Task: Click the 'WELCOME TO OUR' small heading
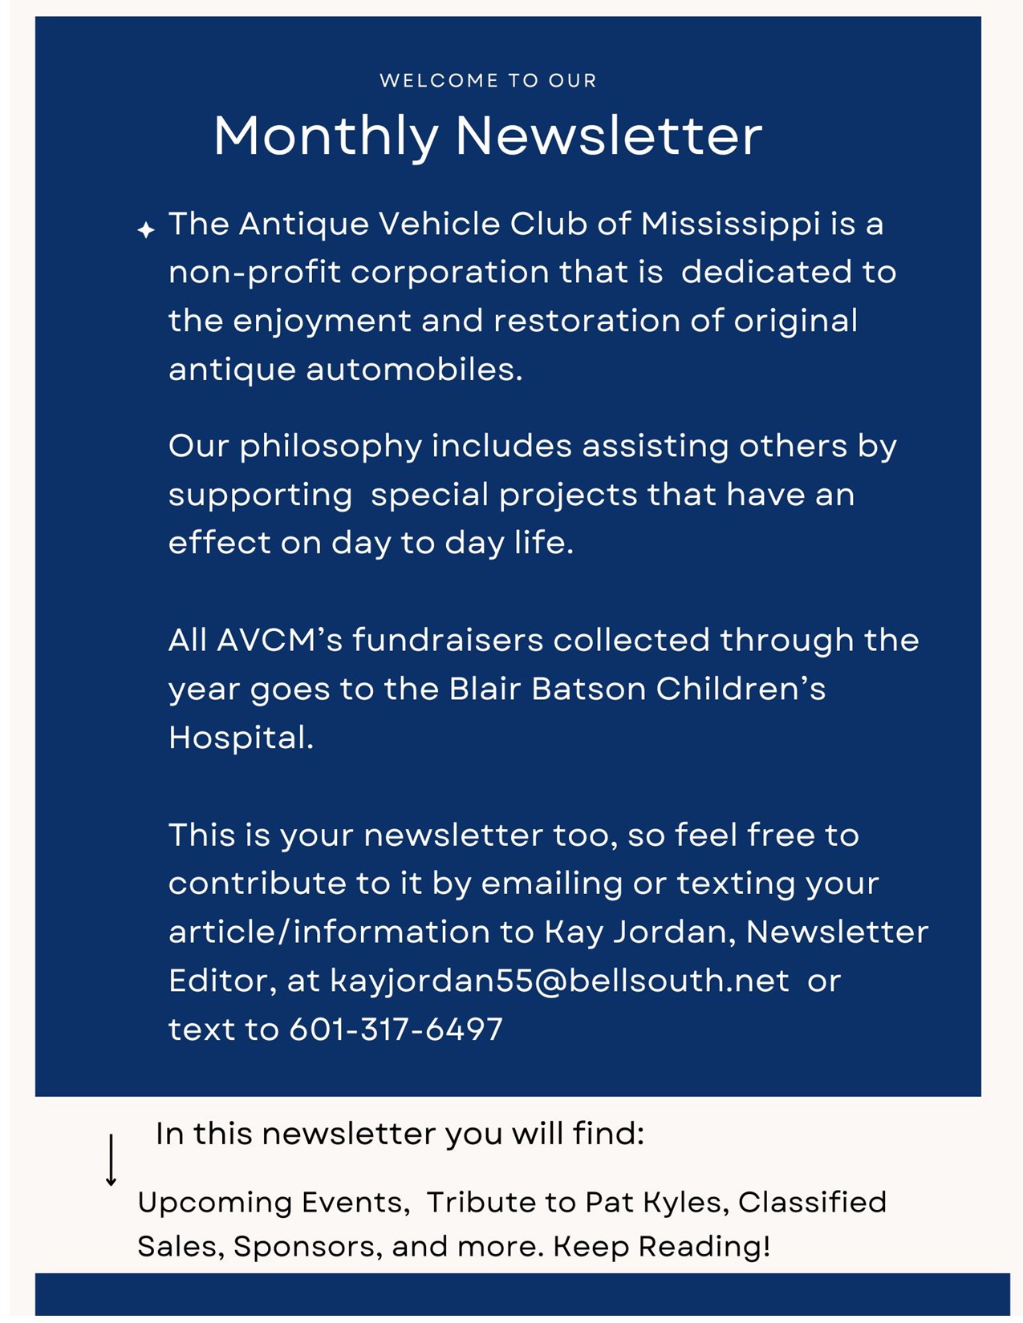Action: click(x=488, y=80)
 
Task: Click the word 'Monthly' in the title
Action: click(x=325, y=136)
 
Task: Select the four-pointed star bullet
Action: click(x=145, y=230)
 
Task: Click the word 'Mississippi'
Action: click(x=730, y=225)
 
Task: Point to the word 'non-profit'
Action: click(x=254, y=273)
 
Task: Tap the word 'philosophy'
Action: click(x=330, y=447)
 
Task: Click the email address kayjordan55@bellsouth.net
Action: click(x=559, y=981)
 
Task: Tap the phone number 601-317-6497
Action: click(x=396, y=1030)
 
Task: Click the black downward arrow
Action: click(x=112, y=1159)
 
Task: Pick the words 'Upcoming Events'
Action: click(x=270, y=1203)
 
